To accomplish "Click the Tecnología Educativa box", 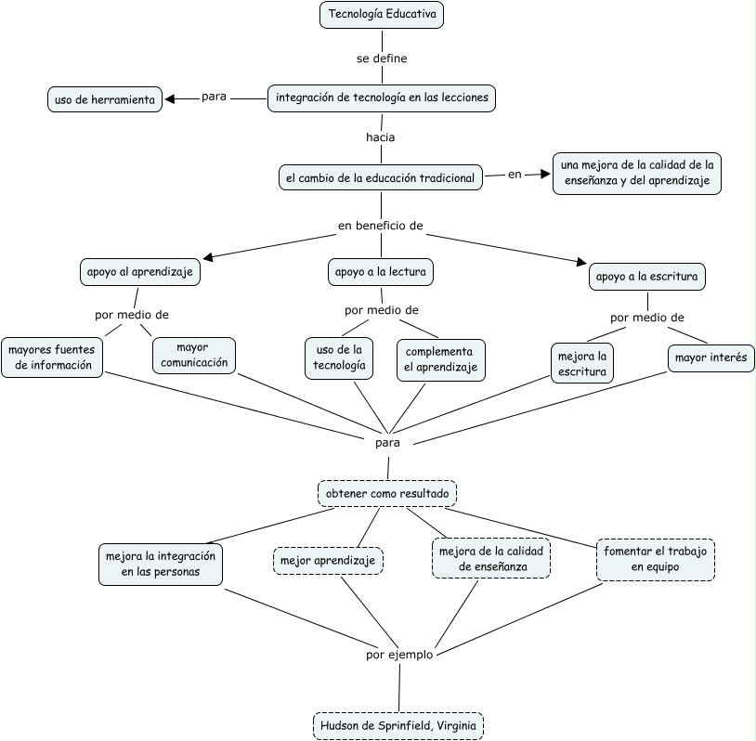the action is tap(382, 15).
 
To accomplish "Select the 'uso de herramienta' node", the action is tap(105, 99).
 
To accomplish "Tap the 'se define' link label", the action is tap(382, 58).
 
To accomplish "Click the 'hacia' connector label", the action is tap(381, 137).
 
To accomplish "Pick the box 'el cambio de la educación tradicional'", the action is tap(381, 177).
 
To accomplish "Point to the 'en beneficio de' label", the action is tap(381, 226).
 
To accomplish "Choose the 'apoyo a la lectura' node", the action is tap(381, 272).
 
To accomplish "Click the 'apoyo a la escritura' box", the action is tap(647, 276).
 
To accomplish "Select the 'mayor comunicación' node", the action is tap(194, 356).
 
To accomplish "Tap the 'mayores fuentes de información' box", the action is tap(52, 357).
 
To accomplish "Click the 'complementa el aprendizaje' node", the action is tap(440, 359).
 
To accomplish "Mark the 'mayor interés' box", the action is tap(711, 357).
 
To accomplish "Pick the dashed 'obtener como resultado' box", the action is tap(387, 493).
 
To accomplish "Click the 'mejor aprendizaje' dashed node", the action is tap(328, 561).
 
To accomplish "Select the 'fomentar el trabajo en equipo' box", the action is tap(656, 559).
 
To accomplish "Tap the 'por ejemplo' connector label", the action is tap(399, 655).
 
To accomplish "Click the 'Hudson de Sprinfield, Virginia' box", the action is tap(398, 725).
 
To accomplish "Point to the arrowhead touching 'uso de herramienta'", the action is tap(169, 99).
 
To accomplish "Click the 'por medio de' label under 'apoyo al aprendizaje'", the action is tap(132, 315).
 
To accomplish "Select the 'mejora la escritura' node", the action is tap(582, 363).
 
